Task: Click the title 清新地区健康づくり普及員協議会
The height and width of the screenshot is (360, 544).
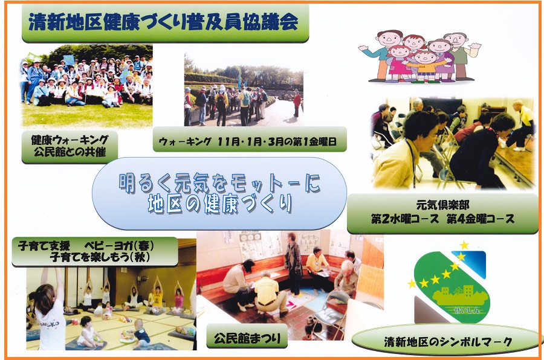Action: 163,22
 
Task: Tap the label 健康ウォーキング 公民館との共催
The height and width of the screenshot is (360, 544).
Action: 70,146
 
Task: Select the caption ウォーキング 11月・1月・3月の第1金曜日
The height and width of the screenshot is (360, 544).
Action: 248,141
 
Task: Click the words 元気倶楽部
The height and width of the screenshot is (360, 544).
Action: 442,205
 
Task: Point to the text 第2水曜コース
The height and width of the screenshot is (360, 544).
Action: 404,219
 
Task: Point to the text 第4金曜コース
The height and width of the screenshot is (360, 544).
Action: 481,219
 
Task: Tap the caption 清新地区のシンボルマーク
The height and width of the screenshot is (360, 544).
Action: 448,342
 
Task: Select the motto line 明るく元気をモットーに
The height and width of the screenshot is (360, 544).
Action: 219,183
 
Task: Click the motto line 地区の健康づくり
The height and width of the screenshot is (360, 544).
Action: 220,203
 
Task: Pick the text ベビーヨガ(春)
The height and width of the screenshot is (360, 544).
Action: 119,246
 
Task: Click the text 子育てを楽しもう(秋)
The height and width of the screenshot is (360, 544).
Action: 100,257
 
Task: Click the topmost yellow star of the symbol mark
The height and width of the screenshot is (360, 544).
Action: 464,245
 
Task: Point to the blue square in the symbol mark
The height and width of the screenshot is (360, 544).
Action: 473,263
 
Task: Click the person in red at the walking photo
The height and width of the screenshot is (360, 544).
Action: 297,103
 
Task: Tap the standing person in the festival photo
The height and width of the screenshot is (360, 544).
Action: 293,263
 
